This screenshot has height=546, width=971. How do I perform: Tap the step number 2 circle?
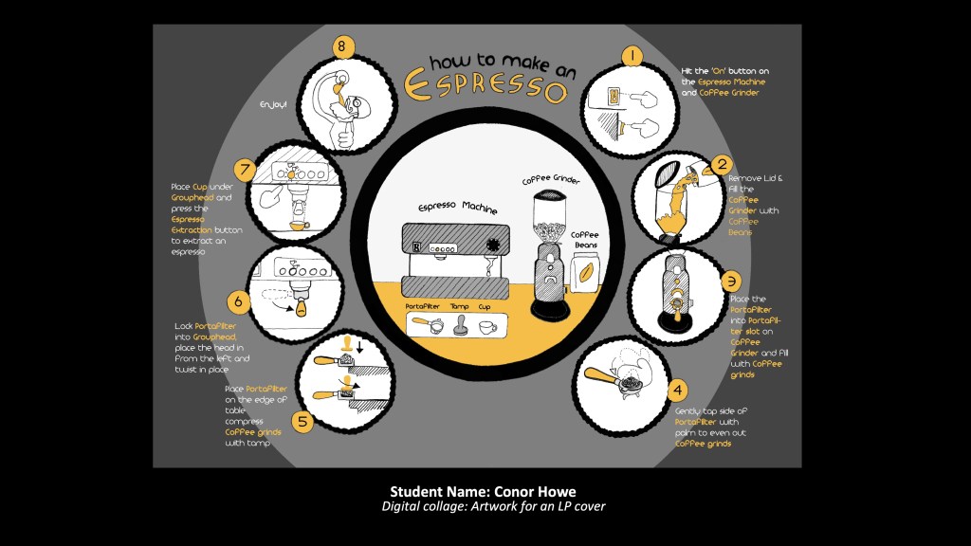pos(722,164)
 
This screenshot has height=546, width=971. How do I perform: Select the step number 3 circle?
pos(730,281)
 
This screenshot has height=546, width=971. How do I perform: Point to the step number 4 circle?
pos(676,389)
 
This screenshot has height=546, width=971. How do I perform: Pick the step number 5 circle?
pos(302,422)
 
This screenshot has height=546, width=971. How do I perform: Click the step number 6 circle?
pos(239,301)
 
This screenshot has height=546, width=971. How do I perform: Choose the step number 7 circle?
pos(247,171)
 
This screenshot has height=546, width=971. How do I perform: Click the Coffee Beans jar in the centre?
pos(586,275)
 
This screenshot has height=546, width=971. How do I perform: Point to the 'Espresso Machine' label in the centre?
pos(458,207)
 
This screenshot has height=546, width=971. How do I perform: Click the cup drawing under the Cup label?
pos(487,326)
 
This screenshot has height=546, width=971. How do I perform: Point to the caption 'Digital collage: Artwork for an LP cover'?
pos(493,506)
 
